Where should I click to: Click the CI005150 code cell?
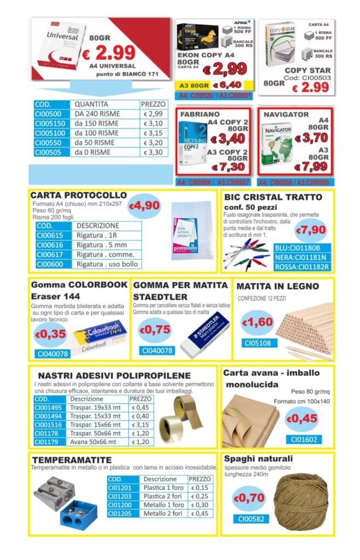coord(50,124)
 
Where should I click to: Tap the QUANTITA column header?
coord(92,104)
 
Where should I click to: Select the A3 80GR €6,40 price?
coord(227,85)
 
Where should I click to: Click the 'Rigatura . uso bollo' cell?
coord(107,264)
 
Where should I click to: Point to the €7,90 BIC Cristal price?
coord(310,230)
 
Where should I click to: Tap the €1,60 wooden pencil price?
coord(257,322)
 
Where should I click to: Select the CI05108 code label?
coord(257,343)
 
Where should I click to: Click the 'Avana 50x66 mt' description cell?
coord(98,442)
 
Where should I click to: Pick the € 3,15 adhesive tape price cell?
coord(141,424)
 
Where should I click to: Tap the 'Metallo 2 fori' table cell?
coord(164,514)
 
